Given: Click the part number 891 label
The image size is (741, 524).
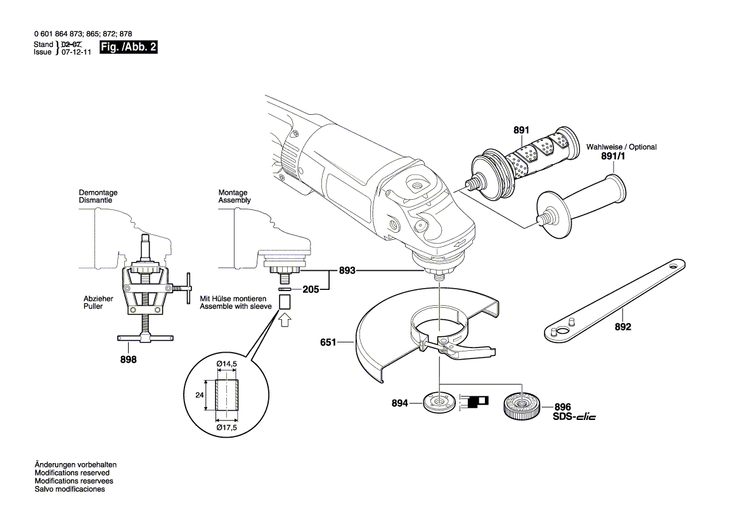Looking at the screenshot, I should (520, 130).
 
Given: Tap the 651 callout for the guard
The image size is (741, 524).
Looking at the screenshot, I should (328, 343).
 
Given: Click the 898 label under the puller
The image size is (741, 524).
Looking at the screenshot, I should (129, 360).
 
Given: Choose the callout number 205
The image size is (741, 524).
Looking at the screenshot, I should (310, 290).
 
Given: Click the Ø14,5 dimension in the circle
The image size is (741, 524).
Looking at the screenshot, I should (226, 364).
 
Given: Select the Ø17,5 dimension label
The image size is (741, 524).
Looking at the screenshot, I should (226, 427).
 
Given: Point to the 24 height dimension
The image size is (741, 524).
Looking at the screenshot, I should (200, 395).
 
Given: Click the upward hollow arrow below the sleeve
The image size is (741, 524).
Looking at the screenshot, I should (285, 318).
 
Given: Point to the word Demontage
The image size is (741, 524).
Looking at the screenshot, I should (98, 192).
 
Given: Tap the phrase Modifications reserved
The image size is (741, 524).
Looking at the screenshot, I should (72, 473).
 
